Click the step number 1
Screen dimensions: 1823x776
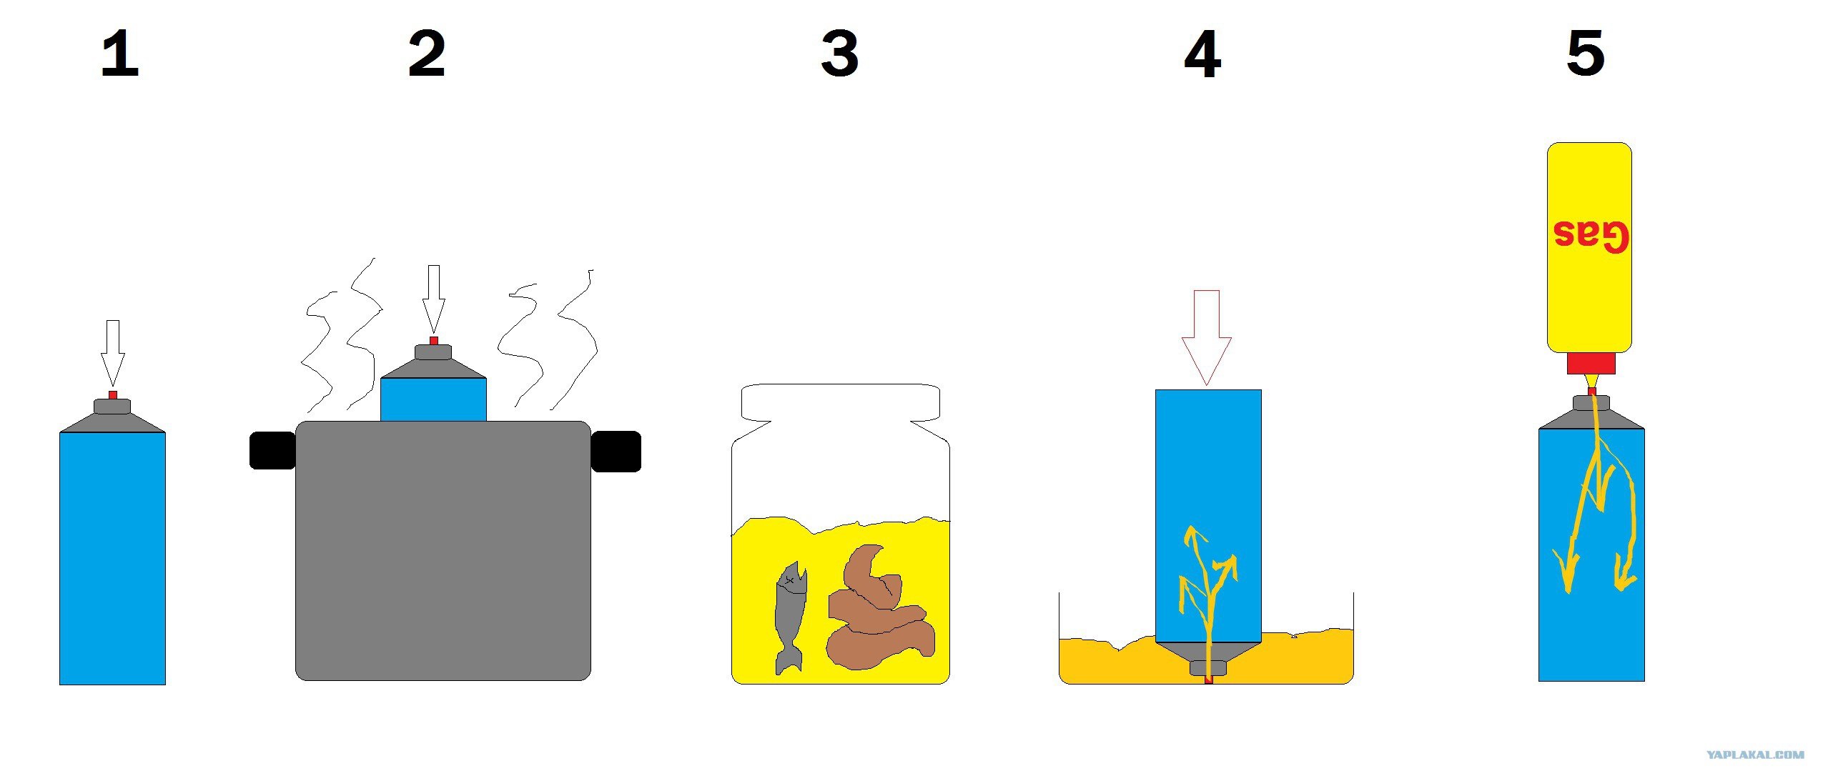[119, 54]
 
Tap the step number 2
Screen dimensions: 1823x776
[427, 54]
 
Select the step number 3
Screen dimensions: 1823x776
[839, 54]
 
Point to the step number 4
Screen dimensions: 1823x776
[1202, 54]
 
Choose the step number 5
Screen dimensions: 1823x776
[1586, 54]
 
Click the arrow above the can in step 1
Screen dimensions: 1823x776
[112, 353]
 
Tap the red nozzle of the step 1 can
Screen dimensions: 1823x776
[112, 395]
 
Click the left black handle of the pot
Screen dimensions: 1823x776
[272, 450]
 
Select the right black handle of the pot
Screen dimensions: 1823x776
[616, 451]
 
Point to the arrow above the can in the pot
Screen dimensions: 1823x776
[433, 299]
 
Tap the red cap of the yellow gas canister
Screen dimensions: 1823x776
[1591, 363]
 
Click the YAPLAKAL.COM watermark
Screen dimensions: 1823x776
[1755, 755]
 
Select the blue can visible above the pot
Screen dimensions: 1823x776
[433, 399]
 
